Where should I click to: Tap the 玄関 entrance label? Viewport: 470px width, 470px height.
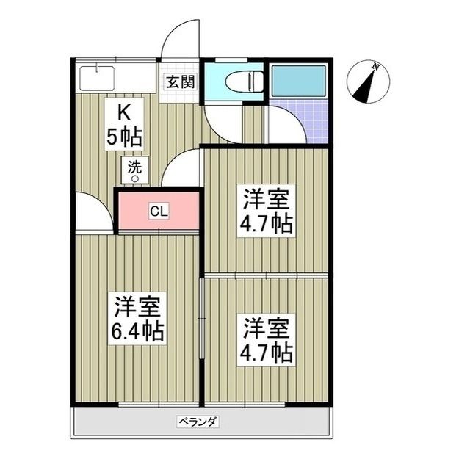click(x=179, y=81)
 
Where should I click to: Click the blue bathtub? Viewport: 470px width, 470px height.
click(x=298, y=80)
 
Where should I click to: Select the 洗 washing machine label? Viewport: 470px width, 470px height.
click(x=134, y=166)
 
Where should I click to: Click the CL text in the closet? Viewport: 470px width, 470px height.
click(x=159, y=211)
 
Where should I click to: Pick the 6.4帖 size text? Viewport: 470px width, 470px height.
click(x=137, y=331)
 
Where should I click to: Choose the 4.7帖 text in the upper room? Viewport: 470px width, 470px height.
click(x=267, y=223)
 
